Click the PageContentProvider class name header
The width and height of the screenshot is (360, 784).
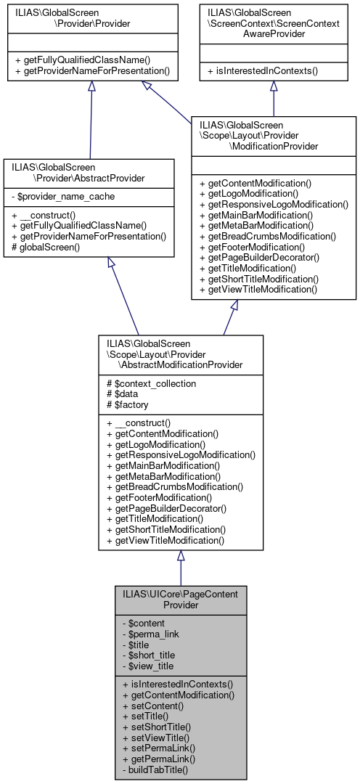pyautogui.click(x=181, y=598)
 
